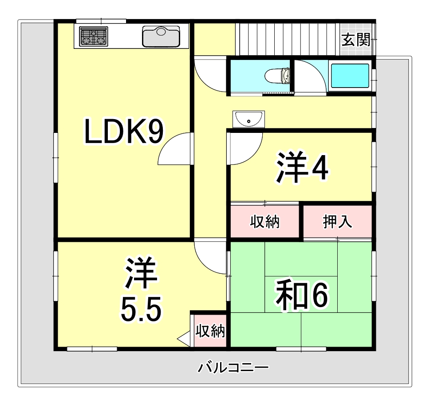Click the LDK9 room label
[124, 133]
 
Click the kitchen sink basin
[161, 36]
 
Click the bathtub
[350, 75]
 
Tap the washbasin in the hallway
[249, 119]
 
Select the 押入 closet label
[337, 222]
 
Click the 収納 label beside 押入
[264, 222]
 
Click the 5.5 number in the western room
[140, 309]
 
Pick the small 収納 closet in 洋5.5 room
[210, 331]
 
